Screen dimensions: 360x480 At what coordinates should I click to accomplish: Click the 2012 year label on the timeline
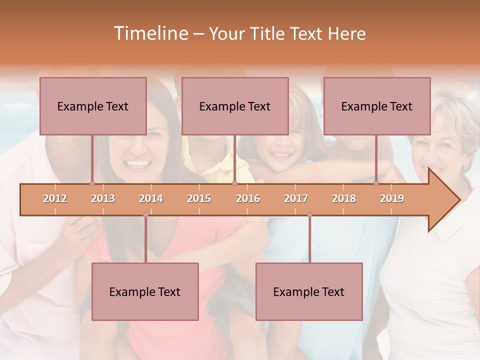[55, 198]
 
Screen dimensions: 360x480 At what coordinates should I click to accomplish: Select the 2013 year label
[103, 198]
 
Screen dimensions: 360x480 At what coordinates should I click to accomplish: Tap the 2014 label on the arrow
[151, 198]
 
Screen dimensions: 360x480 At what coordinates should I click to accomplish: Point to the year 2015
[199, 198]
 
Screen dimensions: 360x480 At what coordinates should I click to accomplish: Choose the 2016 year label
[248, 198]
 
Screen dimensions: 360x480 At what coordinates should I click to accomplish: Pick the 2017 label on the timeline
[296, 198]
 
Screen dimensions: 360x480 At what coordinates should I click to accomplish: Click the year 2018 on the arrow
[344, 198]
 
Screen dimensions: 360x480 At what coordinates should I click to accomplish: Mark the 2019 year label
[392, 198]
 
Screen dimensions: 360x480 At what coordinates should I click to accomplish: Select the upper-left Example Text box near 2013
[93, 106]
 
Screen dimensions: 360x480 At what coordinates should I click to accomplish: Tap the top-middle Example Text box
[235, 106]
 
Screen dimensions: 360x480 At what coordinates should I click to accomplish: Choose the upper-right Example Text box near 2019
[377, 106]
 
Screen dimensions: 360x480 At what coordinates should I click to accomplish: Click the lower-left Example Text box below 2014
[145, 291]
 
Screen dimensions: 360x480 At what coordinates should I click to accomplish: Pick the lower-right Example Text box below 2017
[309, 291]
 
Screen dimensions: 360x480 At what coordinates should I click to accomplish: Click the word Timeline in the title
[149, 33]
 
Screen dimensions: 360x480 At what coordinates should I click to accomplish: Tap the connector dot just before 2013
[92, 183]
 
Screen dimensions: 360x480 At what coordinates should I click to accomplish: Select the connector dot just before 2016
[234, 183]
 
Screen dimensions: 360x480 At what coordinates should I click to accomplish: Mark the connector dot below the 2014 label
[145, 215]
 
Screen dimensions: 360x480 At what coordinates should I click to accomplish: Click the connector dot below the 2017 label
[309, 215]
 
